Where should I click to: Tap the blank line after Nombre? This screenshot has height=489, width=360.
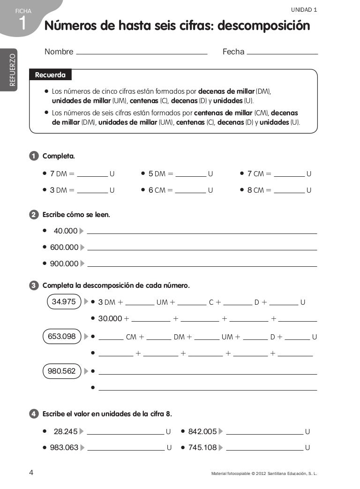click(141, 53)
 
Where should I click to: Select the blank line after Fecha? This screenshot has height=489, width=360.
click(282, 53)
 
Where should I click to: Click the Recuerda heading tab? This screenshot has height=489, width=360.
click(50, 75)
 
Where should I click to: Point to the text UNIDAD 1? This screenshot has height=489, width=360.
click(304, 9)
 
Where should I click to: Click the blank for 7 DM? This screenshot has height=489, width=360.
click(92, 175)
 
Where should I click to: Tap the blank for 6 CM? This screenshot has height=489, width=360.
click(191, 191)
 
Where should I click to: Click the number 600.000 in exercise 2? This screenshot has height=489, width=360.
click(64, 247)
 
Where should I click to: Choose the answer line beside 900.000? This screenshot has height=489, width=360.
click(202, 265)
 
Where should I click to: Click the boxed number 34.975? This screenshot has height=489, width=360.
click(64, 302)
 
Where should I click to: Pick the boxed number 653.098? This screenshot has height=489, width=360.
click(62, 336)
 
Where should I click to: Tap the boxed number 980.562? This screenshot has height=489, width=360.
click(62, 371)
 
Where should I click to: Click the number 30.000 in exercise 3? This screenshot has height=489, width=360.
click(110, 319)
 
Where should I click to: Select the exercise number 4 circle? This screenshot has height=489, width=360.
click(34, 414)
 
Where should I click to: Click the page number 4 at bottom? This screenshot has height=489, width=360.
click(31, 473)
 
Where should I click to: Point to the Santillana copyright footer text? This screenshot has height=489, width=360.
click(264, 474)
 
